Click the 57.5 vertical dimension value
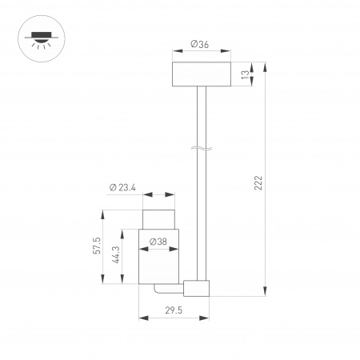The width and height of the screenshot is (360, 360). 97,246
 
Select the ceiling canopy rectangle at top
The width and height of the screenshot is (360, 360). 202,74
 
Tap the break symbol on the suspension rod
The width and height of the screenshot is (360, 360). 202,148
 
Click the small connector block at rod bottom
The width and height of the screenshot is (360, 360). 197,288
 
